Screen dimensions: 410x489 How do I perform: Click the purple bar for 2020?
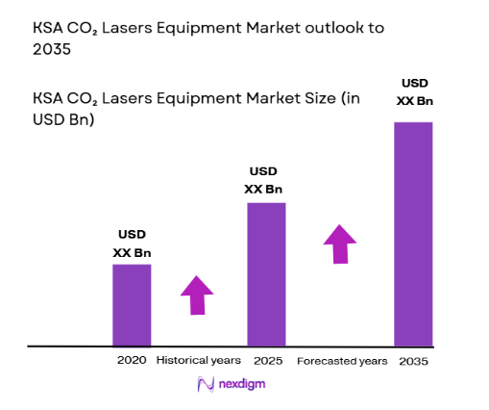pyautogui.click(x=132, y=304)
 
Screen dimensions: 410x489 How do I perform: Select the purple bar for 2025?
pyautogui.click(x=266, y=273)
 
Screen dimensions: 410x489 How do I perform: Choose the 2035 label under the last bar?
pyautogui.click(x=414, y=361)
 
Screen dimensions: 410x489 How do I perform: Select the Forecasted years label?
pyautogui.click(x=342, y=361)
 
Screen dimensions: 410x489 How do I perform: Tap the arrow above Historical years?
pyautogui.click(x=197, y=295)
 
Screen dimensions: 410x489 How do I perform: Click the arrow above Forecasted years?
pyautogui.click(x=338, y=243)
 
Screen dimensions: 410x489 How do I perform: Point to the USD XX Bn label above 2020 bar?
pyautogui.click(x=132, y=243)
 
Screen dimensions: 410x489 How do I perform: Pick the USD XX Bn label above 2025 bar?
pyautogui.click(x=266, y=180)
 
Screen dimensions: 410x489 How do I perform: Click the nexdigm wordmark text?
pyautogui.click(x=242, y=384)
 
